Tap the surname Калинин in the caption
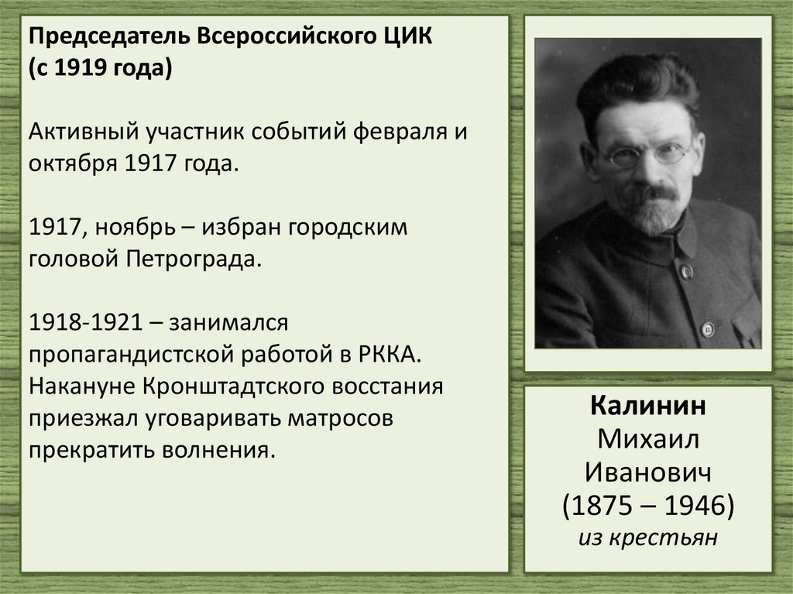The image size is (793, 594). (647, 407)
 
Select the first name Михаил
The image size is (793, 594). (647, 440)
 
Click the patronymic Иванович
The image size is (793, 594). (647, 472)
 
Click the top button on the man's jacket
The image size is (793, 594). (686, 271)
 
